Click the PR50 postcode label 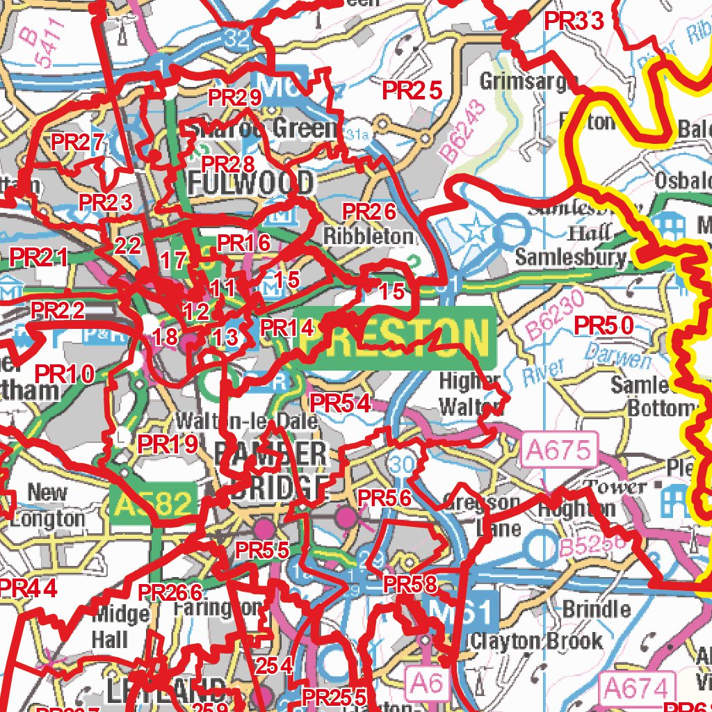[604, 325]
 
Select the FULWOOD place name [251, 184]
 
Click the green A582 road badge [151, 503]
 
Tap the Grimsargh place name [528, 82]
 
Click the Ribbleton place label [369, 236]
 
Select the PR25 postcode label [412, 90]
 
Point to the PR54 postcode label [340, 403]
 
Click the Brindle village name [597, 610]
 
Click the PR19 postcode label [168, 444]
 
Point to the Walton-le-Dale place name [247, 421]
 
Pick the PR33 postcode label [574, 21]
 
